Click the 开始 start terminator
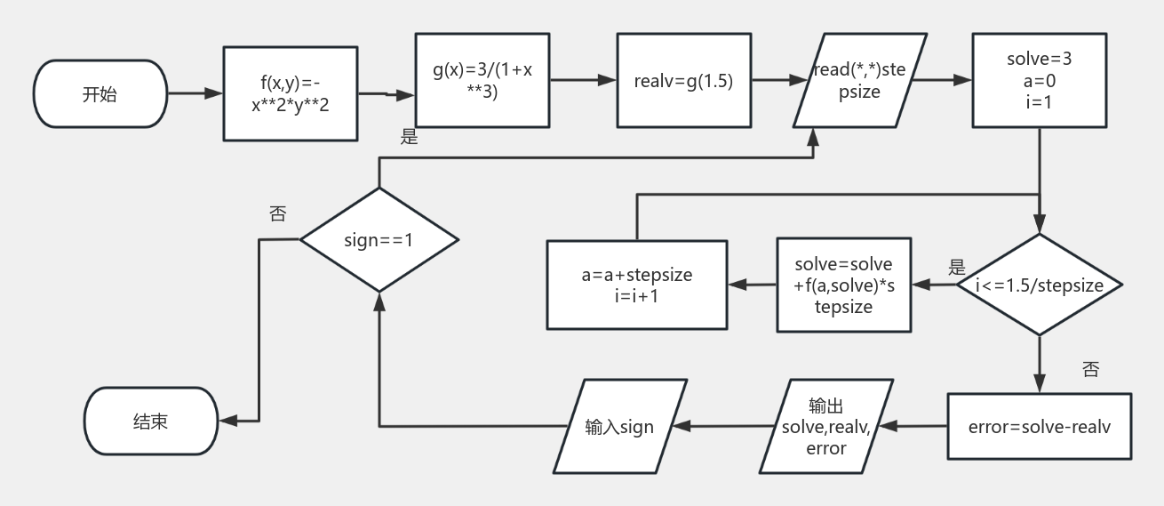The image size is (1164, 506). pyautogui.click(x=100, y=94)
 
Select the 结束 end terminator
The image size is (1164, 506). pyautogui.click(x=150, y=422)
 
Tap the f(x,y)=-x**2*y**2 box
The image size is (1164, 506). pyautogui.click(x=290, y=93)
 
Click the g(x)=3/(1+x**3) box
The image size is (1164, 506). pyautogui.click(x=482, y=80)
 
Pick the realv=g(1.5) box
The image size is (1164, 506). pyautogui.click(x=682, y=80)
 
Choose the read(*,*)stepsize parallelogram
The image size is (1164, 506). pyautogui.click(x=859, y=80)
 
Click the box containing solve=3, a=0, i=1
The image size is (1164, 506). pyautogui.click(x=1039, y=80)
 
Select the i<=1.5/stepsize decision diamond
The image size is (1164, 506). pyautogui.click(x=1039, y=285)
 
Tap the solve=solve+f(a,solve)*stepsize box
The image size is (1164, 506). pyautogui.click(x=843, y=285)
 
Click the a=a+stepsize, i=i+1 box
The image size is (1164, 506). pyautogui.click(x=635, y=285)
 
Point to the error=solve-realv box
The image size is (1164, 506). pyautogui.click(x=1039, y=426)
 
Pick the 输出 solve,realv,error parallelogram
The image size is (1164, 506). pyautogui.click(x=826, y=426)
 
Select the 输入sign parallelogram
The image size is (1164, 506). pyautogui.click(x=620, y=426)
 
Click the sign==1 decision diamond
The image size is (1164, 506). pyautogui.click(x=379, y=240)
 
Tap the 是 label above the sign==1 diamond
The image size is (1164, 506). pyautogui.click(x=409, y=137)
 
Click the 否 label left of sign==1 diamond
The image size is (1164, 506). pyautogui.click(x=277, y=213)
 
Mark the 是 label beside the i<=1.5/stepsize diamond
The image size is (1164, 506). pyautogui.click(x=956, y=267)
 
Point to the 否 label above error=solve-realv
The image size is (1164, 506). pyautogui.click(x=1090, y=368)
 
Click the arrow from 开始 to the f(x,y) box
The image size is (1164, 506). pyautogui.click(x=195, y=93)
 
